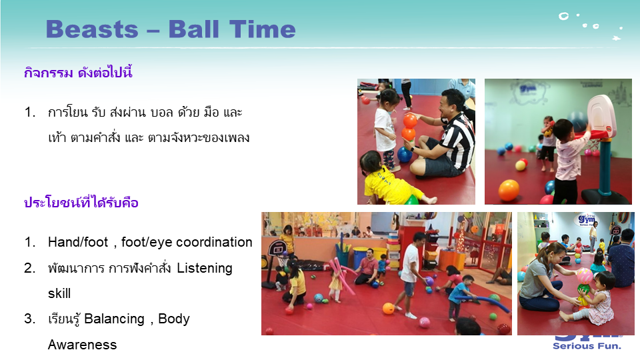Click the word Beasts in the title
[92, 29]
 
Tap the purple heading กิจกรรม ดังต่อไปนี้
[78, 73]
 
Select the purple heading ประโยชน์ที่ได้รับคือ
[81, 202]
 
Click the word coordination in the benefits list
[214, 242]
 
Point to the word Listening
[205, 268]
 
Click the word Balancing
[114, 319]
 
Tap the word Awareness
[83, 345]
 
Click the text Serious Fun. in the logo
[587, 346]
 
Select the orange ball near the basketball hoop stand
[509, 190]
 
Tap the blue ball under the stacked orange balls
[405, 155]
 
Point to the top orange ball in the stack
[410, 121]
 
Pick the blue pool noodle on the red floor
[485, 303]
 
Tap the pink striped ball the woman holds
[584, 276]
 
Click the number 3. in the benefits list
[30, 319]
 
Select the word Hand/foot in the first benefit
[78, 242]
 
